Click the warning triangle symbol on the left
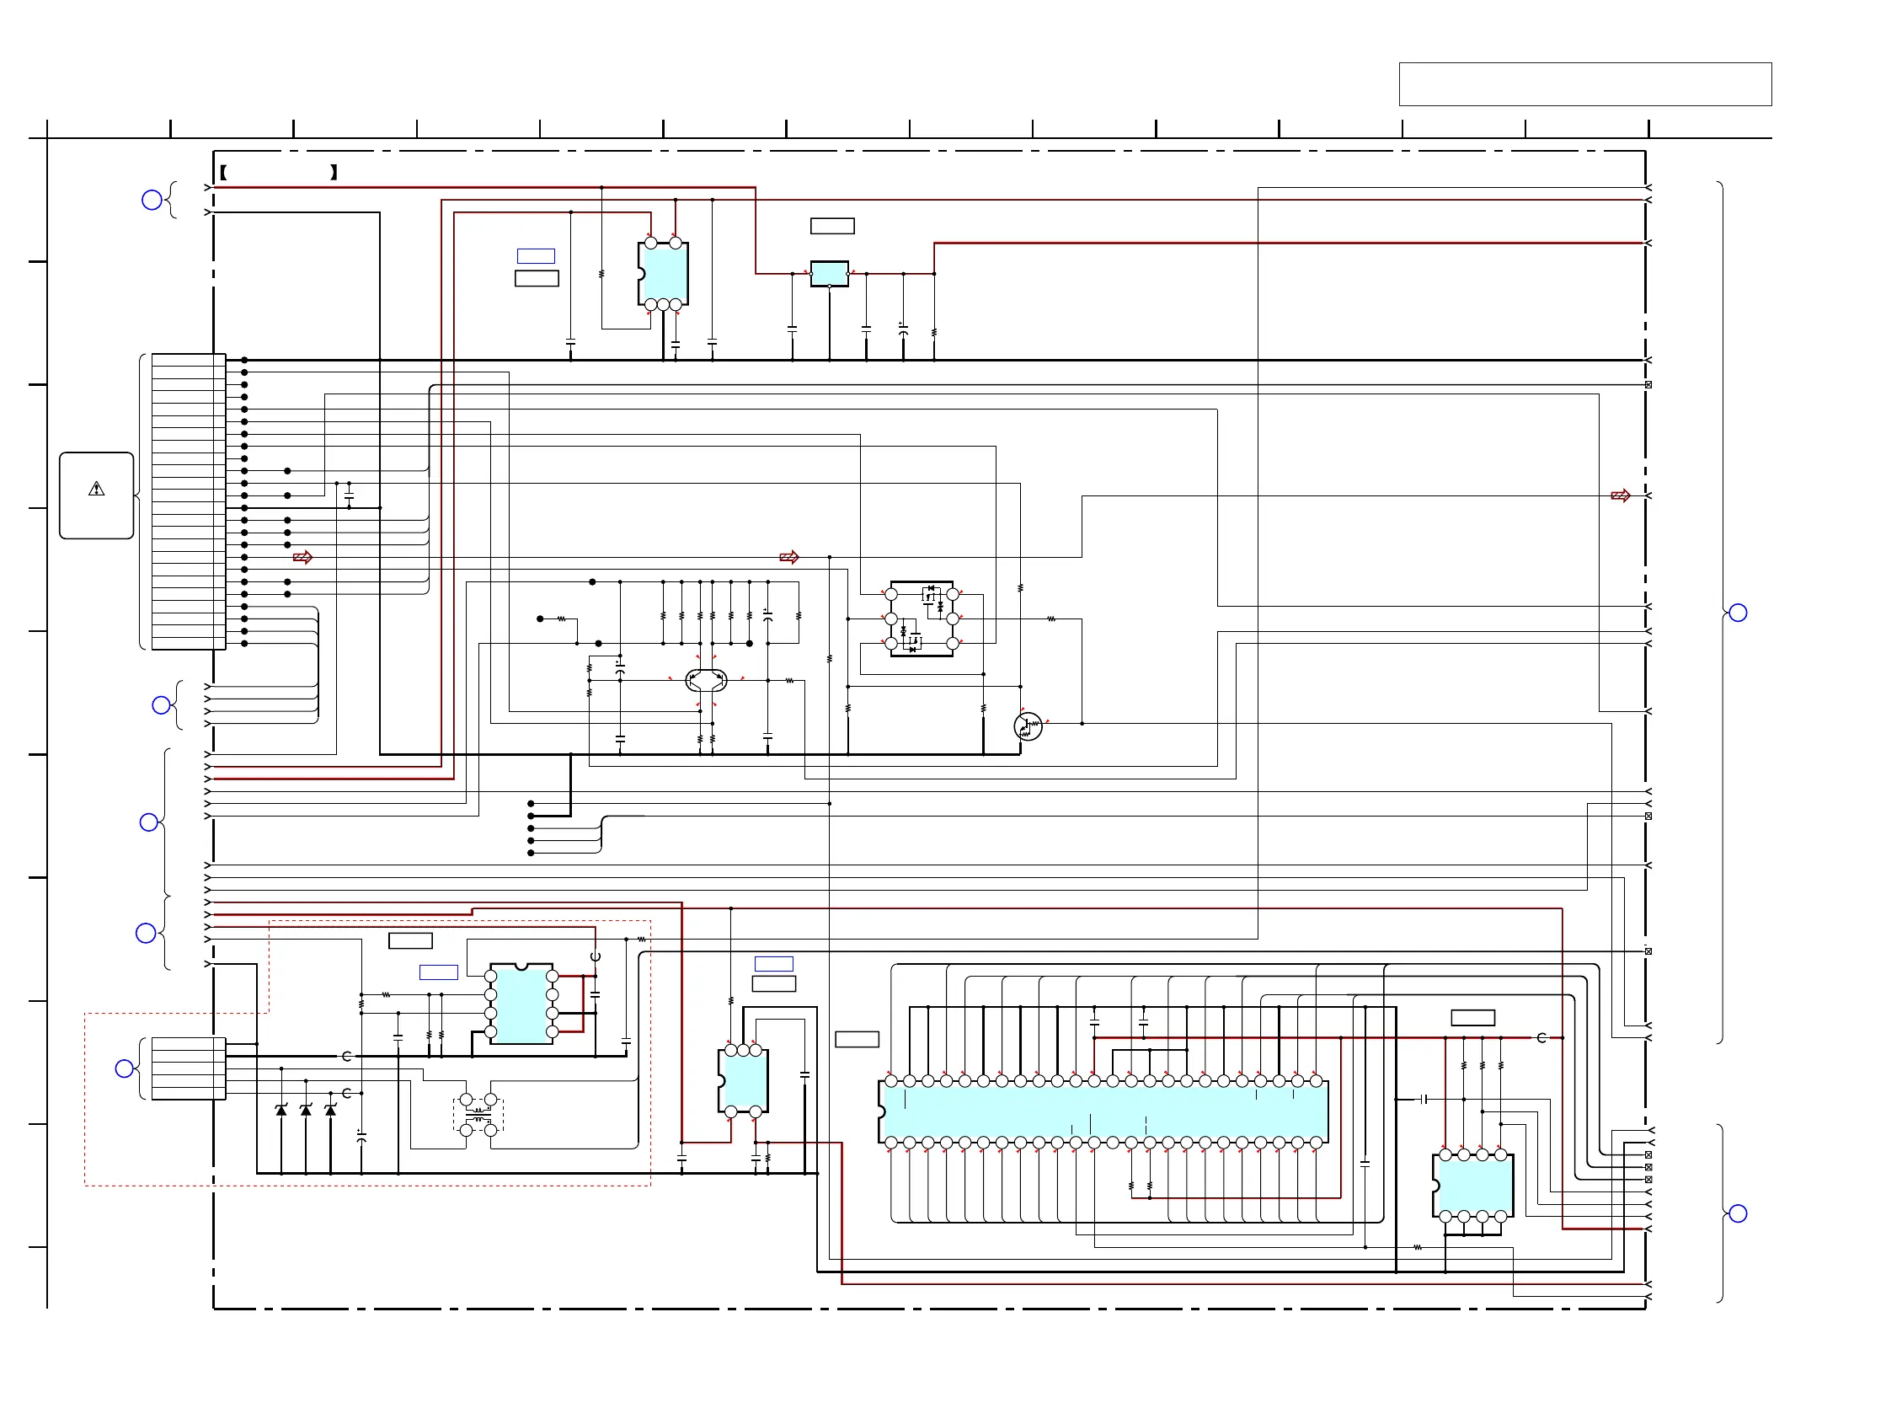click(96, 490)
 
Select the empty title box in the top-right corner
click(1585, 84)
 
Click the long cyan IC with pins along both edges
click(1104, 1112)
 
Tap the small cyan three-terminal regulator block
click(829, 274)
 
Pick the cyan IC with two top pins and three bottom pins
click(662, 274)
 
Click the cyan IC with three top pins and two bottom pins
click(743, 1081)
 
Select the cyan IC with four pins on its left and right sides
click(521, 1004)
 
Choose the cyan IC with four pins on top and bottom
click(1472, 1186)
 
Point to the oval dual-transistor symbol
click(706, 681)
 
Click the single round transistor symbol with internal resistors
click(1028, 726)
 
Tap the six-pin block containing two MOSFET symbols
click(922, 619)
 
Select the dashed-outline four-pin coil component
click(478, 1115)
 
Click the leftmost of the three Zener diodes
click(281, 1111)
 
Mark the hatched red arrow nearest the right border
click(1620, 495)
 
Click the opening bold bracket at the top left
click(223, 172)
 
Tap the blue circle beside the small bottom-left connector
click(125, 1068)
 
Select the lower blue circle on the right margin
click(1738, 1213)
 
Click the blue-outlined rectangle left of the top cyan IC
click(536, 256)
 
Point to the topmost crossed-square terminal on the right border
click(1648, 384)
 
